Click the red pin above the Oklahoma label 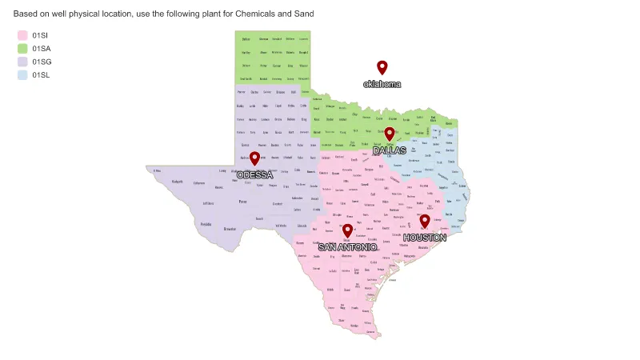click(382, 67)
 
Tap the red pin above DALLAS click(390, 134)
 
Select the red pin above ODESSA click(254, 158)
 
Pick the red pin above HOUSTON click(425, 221)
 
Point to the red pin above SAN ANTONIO click(347, 230)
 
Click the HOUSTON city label click(425, 238)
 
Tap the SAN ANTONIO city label click(347, 247)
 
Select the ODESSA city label click(254, 175)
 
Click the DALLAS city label click(390, 150)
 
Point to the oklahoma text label click(382, 84)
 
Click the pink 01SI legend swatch click(22, 35)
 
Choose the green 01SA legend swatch click(22, 49)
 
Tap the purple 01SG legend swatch click(22, 62)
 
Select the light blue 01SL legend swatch click(22, 75)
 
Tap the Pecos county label click(242, 202)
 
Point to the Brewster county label click(230, 229)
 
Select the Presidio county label click(206, 225)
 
